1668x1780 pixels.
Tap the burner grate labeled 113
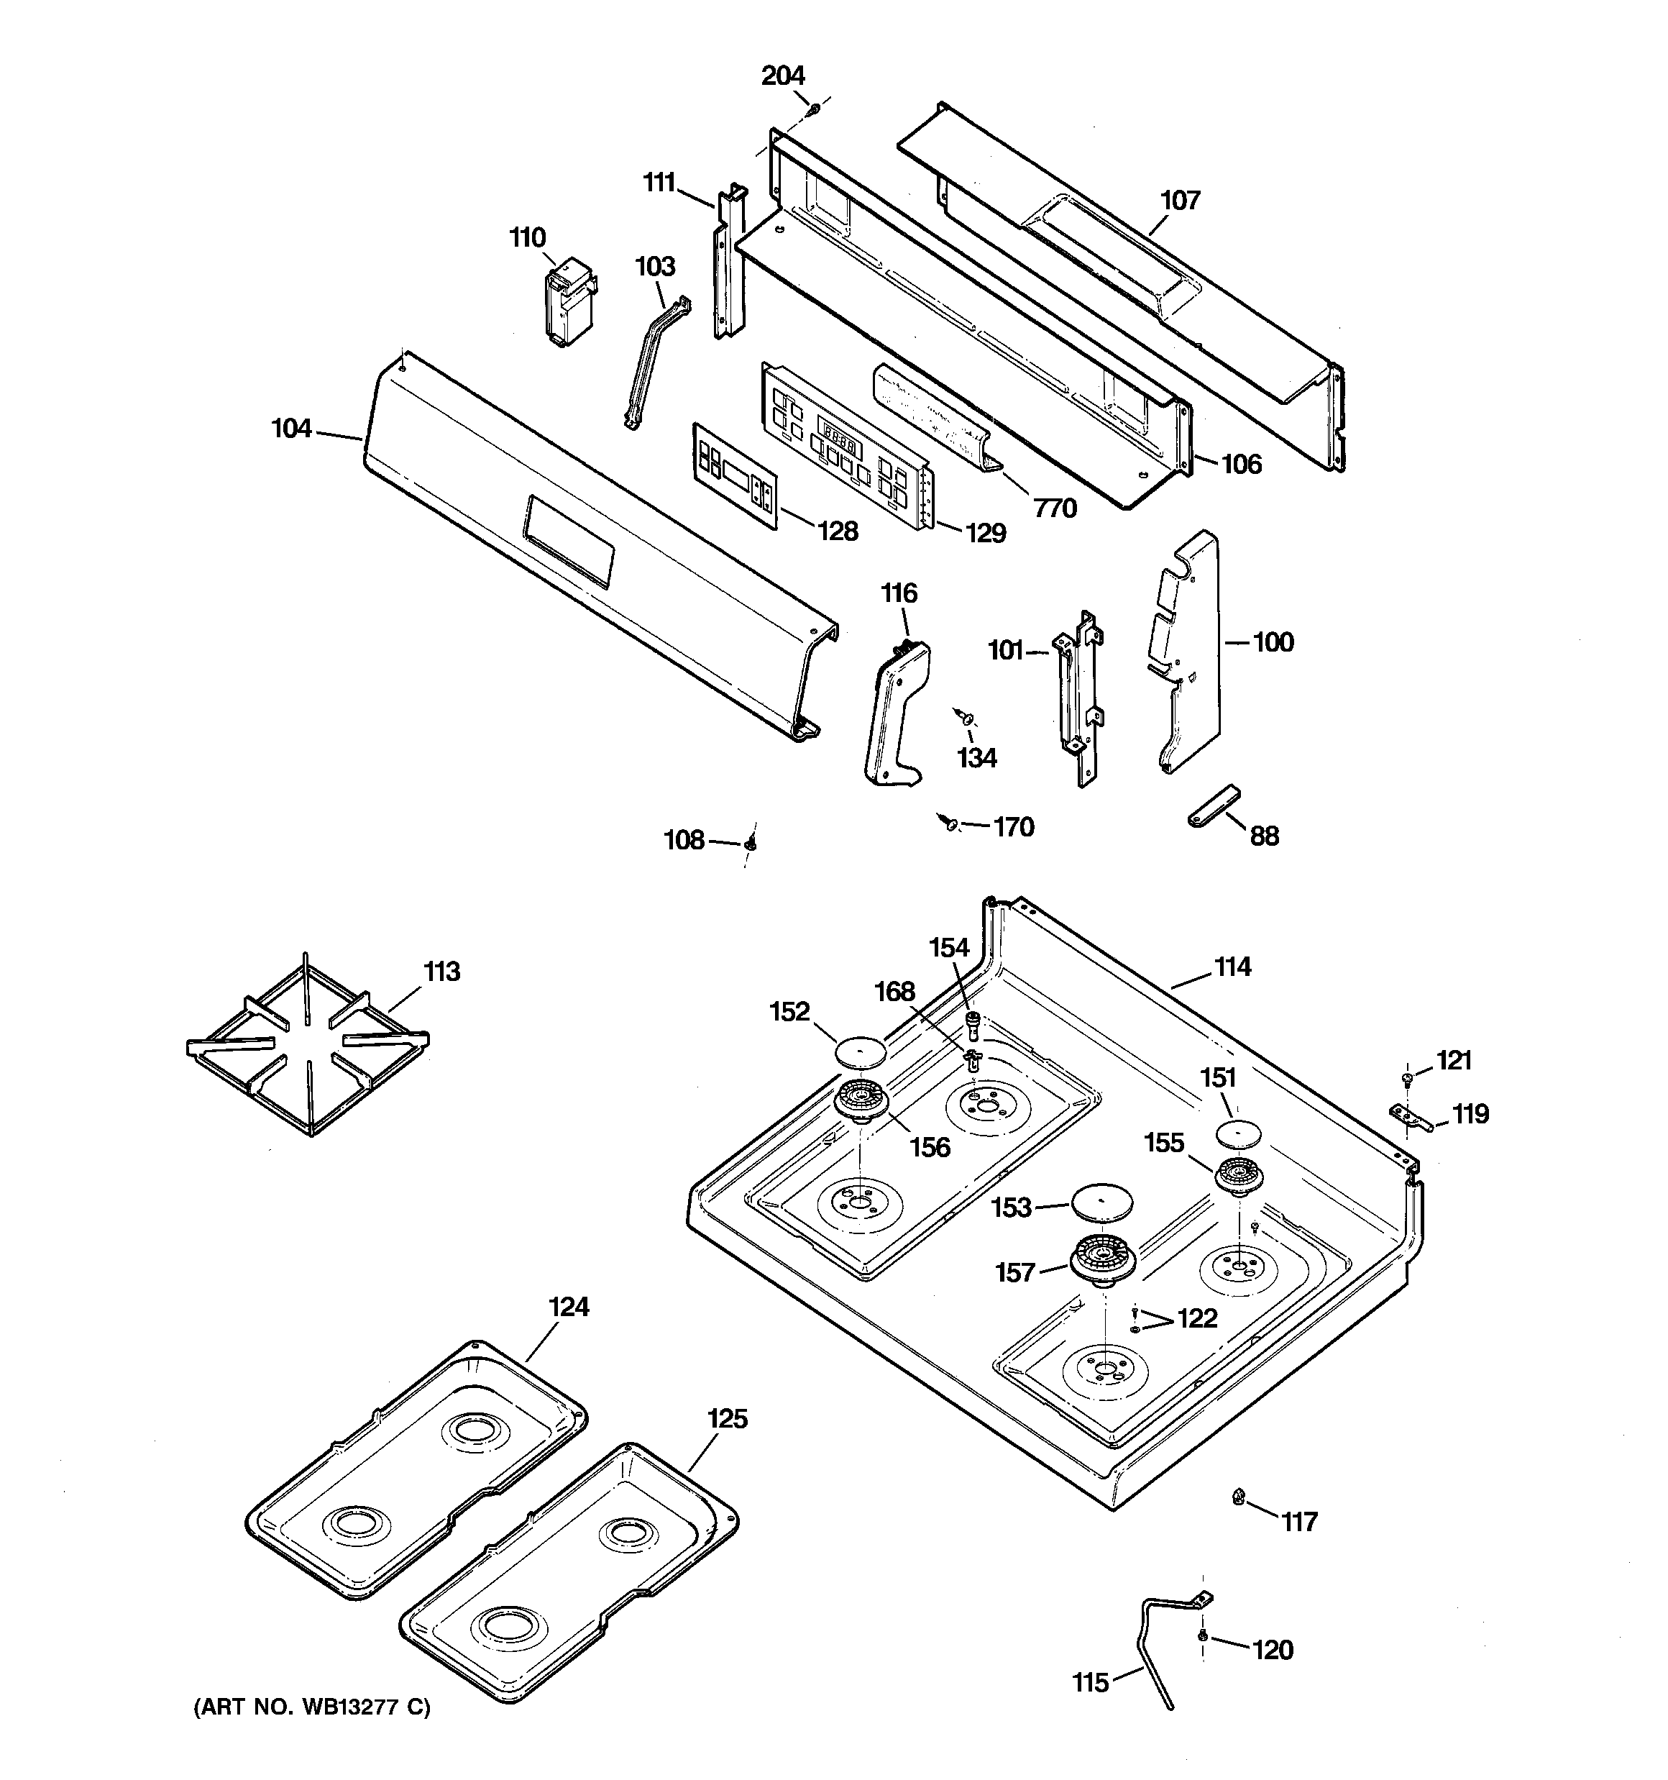point(307,1044)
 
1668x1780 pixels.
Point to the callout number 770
point(1055,508)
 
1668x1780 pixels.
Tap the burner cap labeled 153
point(1101,1201)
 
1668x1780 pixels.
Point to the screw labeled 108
point(751,843)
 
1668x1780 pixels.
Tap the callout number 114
point(1232,967)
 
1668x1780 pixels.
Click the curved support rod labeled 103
point(657,363)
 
